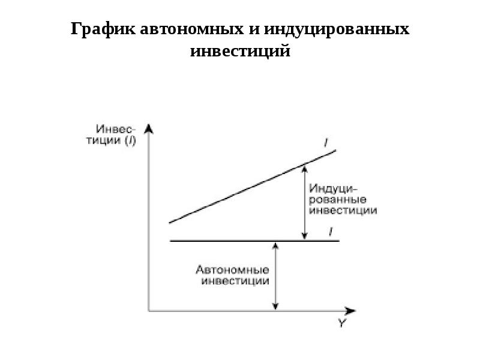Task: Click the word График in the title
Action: (103, 29)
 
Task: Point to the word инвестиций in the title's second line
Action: (240, 52)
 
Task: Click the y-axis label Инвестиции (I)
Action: (116, 135)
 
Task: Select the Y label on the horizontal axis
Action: (341, 324)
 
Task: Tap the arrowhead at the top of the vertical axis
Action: (148, 128)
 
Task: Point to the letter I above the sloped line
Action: (326, 142)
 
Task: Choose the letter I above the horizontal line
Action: (331, 230)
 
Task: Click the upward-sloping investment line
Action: (252, 186)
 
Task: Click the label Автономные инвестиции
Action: (235, 275)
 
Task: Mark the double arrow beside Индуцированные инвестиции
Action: (304, 202)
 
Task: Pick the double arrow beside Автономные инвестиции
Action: (275, 276)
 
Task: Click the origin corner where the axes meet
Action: (149, 311)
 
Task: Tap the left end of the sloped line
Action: (170, 223)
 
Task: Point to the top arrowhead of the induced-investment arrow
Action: (304, 167)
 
